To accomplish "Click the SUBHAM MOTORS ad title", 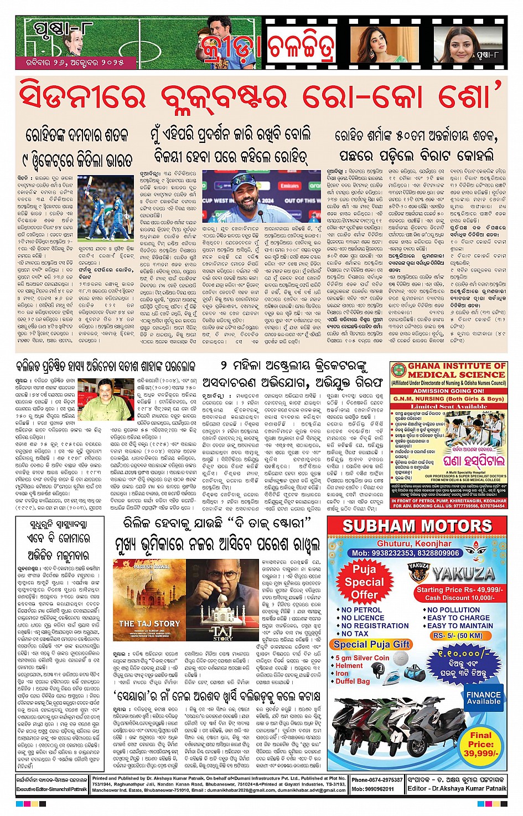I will (417, 526).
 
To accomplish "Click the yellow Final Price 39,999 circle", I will (480, 744).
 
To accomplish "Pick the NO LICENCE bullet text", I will (363, 618).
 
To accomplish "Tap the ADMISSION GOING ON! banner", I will (448, 391).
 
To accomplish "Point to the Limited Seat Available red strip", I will (448, 406).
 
